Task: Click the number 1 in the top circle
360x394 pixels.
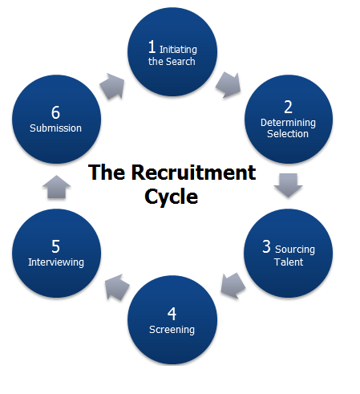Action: [x=152, y=47]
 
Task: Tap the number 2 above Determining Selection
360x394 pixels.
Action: [x=288, y=107]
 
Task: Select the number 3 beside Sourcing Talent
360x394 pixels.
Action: [x=266, y=246]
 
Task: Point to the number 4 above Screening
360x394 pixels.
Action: [x=172, y=314]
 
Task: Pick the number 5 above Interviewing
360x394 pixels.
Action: [x=55, y=246]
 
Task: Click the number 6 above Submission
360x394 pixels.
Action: [x=55, y=112]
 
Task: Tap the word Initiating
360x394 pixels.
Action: [x=178, y=50]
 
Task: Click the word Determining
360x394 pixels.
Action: [x=288, y=123]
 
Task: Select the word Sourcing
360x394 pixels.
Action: [x=295, y=250]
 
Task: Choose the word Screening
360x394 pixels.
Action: [x=172, y=330]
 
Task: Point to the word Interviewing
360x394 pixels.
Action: [x=56, y=262]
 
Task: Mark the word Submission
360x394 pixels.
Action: [x=55, y=128]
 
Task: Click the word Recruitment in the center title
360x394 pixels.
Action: [x=193, y=173]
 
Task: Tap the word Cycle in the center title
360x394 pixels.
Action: [x=172, y=197]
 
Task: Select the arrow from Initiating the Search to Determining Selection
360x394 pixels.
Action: [x=229, y=84]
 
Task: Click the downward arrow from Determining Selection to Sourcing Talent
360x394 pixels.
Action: [x=288, y=185]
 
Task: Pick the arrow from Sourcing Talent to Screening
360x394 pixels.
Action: [x=233, y=286]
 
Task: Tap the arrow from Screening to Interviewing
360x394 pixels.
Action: [x=117, y=287]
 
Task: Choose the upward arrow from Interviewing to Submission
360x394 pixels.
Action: [x=56, y=187]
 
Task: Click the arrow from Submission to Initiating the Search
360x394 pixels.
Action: [x=112, y=86]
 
